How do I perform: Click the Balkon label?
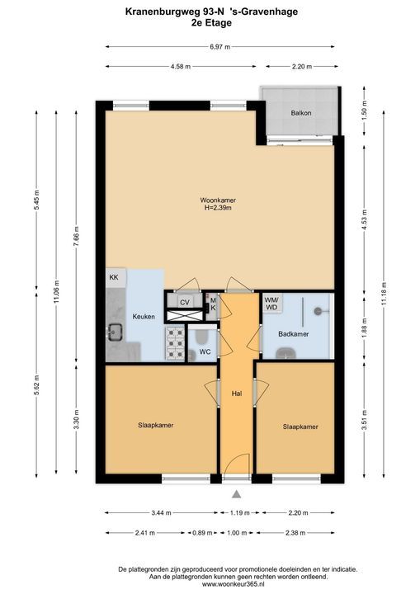[x=301, y=113]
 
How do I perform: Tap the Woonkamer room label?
[x=218, y=200]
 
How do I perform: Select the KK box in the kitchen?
[x=114, y=277]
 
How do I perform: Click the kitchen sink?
[x=115, y=332]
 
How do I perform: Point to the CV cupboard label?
[x=185, y=302]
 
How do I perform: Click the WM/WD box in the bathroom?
[x=271, y=303]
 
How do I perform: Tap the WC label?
[x=205, y=352]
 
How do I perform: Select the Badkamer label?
[x=294, y=334]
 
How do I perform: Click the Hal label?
[x=237, y=394]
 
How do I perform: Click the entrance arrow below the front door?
[x=237, y=494]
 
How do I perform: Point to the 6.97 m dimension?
[x=220, y=47]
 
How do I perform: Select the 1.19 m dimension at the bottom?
[x=240, y=513]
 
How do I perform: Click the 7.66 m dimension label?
[x=76, y=236]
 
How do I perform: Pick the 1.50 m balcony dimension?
[x=364, y=111]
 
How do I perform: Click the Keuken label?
[x=144, y=317]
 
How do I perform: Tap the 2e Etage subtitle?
[x=211, y=23]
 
